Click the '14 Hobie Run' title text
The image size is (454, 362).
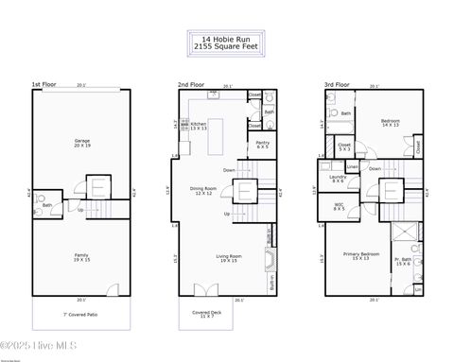pyautogui.click(x=227, y=40)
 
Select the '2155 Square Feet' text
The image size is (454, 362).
pyautogui.click(x=227, y=46)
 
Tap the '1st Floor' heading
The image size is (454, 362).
pyautogui.click(x=44, y=84)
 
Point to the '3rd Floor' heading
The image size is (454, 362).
pyautogui.click(x=336, y=84)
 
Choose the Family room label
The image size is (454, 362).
pyautogui.click(x=82, y=256)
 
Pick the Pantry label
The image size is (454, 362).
pyautogui.click(x=262, y=145)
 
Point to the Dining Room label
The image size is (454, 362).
pyautogui.click(x=205, y=190)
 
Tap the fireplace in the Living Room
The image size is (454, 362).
pyautogui.click(x=268, y=261)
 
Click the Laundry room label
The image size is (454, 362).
pyautogui.click(x=337, y=178)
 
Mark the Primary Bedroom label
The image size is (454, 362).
pyautogui.click(x=361, y=257)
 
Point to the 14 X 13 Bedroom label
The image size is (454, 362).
pyautogui.click(x=390, y=123)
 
